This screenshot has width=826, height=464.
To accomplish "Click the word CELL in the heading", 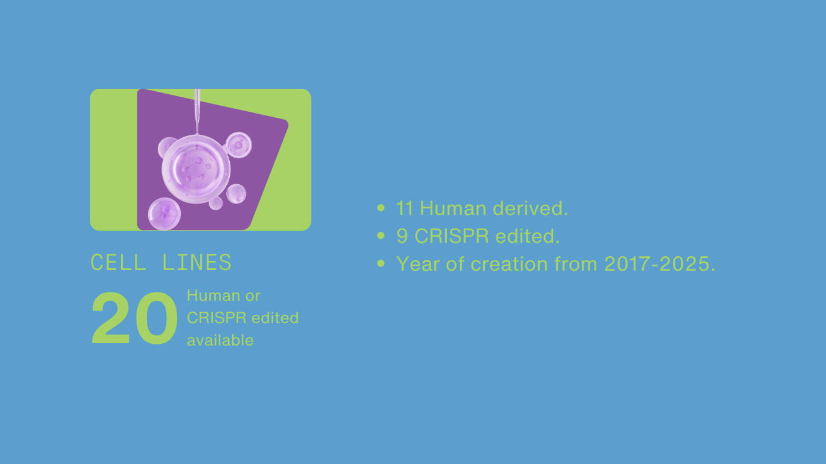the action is [119, 262].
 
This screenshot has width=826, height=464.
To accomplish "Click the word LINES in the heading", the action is [197, 262].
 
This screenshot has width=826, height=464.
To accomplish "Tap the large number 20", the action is [134, 318].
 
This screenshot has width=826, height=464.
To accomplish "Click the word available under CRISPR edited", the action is [220, 340].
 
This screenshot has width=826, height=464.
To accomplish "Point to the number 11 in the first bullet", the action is [404, 208].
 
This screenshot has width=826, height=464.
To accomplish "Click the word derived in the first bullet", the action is [530, 208].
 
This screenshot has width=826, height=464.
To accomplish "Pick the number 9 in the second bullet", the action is [402, 236].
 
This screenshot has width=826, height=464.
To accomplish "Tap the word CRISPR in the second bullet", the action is [452, 236].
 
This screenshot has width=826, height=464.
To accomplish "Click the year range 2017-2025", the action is [657, 264].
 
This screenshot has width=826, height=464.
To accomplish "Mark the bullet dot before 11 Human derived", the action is [381, 208].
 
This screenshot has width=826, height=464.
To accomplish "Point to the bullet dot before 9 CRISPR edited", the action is [381, 236].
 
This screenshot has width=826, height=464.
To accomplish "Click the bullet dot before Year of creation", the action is [381, 263].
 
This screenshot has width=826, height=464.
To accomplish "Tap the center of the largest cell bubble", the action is [196, 169].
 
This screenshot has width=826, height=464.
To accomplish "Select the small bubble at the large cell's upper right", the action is [239, 145].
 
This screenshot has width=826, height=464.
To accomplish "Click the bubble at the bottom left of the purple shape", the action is [164, 214].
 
